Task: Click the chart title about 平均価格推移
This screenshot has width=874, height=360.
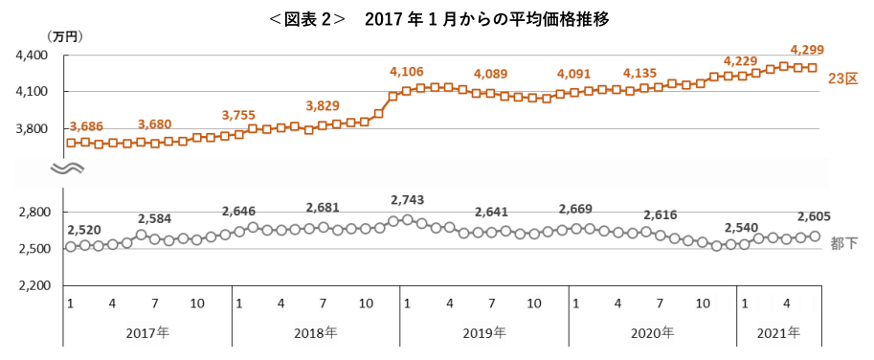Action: (437, 20)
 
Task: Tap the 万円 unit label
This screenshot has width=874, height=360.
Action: (65, 38)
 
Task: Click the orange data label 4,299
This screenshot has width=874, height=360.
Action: (807, 50)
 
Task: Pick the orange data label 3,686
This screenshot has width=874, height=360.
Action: (87, 126)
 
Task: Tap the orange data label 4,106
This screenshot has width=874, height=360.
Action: (407, 72)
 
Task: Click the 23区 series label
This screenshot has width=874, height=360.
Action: (842, 79)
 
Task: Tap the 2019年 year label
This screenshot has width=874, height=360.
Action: (484, 334)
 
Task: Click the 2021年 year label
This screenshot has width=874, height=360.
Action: (778, 334)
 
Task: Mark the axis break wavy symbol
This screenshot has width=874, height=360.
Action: (66, 169)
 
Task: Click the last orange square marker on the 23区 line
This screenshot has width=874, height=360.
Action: (813, 67)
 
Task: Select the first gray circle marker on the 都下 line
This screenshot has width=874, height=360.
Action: (71, 247)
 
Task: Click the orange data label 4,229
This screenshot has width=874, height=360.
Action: (740, 61)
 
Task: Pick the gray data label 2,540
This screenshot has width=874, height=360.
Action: (742, 227)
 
